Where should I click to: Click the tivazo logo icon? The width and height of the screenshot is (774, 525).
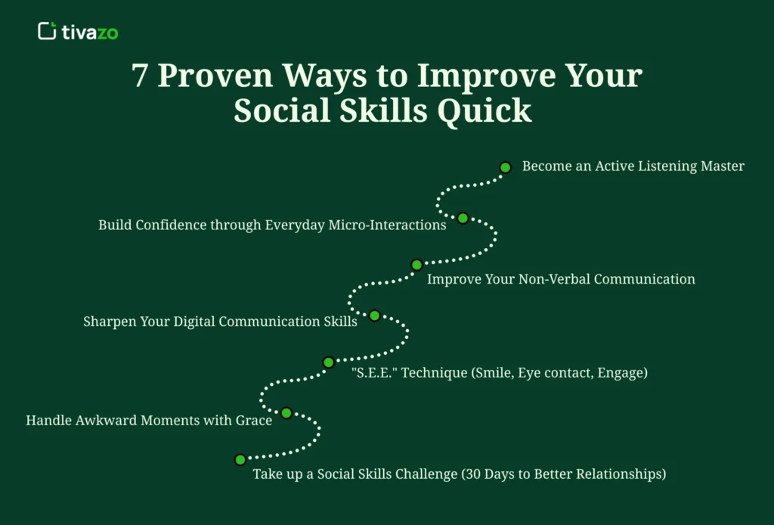pos(47,32)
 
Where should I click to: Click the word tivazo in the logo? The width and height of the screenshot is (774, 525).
pos(90,32)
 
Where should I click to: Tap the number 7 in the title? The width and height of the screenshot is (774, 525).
pos(140,77)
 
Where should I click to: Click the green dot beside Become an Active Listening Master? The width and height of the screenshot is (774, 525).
pos(506,167)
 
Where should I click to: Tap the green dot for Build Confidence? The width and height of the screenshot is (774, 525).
pos(463,218)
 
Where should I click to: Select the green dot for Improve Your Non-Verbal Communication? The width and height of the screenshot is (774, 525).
pos(416,265)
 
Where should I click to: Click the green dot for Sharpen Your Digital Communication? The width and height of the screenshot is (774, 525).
pos(374,315)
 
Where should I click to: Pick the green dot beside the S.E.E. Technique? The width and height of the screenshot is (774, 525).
pos(328,362)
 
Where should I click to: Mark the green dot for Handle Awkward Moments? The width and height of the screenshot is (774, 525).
pos(286,413)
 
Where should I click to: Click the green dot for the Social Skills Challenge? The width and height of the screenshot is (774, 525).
pos(240,459)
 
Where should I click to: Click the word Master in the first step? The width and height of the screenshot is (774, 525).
pos(721,166)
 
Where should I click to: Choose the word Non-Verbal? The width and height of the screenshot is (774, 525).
pos(554,279)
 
